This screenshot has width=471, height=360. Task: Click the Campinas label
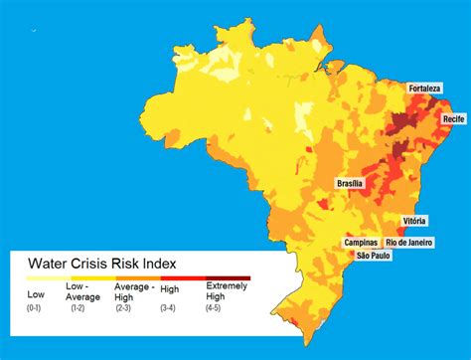coord(361,242)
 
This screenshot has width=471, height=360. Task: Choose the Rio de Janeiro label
coord(409,242)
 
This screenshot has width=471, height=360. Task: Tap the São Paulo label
coord(370,256)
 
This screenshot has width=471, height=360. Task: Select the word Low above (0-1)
coord(37,294)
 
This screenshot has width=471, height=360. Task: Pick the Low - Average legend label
coord(83,290)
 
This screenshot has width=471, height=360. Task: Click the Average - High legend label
coord(134,290)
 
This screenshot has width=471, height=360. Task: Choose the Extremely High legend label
coord(222,290)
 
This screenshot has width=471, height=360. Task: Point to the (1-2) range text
coord(78,308)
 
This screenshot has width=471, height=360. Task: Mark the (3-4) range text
coord(170,308)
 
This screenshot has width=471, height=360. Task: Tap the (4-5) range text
coord(214,308)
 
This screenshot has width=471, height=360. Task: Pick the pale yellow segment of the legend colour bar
coord(45,278)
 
